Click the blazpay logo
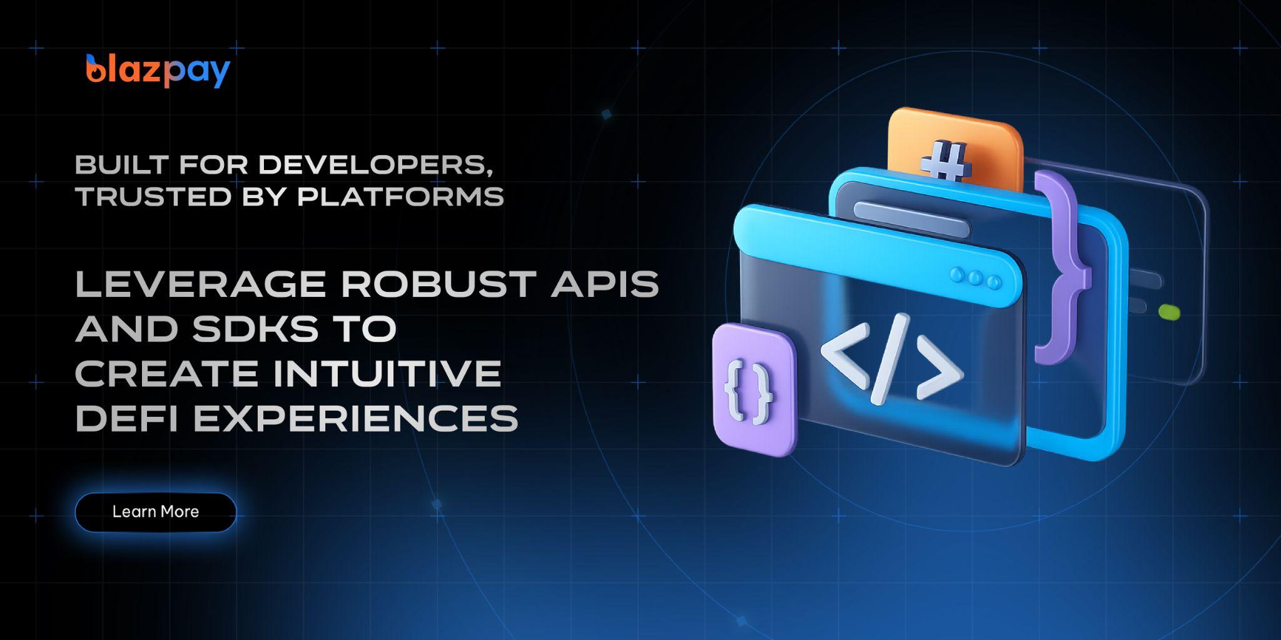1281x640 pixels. pos(158,71)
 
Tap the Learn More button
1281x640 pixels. pos(156,512)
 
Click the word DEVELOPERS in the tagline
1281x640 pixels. pos(373,164)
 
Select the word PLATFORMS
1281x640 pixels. pos(400,196)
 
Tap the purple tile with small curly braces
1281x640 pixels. pos(755,389)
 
